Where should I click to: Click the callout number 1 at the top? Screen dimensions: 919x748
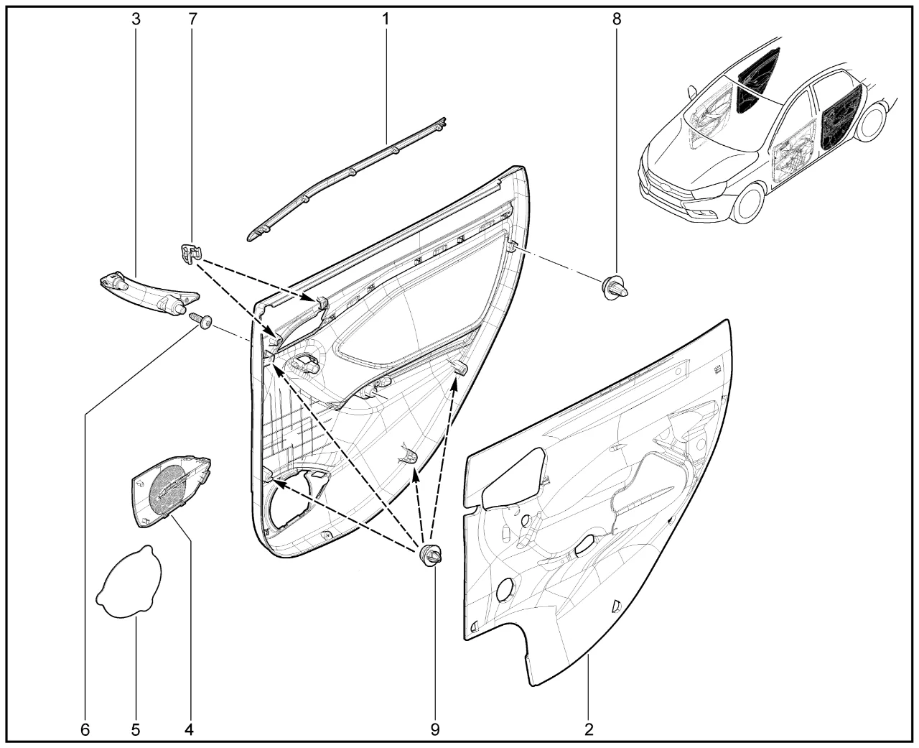386,19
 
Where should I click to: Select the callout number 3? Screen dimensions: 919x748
136,19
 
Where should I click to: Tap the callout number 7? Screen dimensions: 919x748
192,19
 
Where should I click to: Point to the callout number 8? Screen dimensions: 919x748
617,19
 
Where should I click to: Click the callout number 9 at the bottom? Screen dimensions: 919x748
435,729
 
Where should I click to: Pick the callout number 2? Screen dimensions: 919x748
589,729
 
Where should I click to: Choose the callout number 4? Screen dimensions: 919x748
189,729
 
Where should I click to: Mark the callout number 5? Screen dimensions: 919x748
136,729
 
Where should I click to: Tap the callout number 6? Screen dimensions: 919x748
85,729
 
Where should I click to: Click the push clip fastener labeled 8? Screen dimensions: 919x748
615,287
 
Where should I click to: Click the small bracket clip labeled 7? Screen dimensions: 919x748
190,254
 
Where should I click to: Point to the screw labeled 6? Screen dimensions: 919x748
202,321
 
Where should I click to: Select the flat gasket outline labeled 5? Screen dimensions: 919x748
129,581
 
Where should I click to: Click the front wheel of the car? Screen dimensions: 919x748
750,203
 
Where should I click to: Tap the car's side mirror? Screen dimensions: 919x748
691,93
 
